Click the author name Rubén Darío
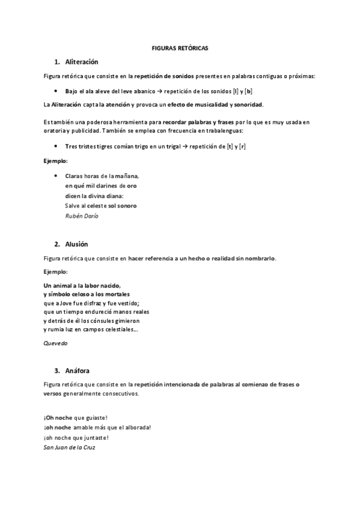pos(81,215)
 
